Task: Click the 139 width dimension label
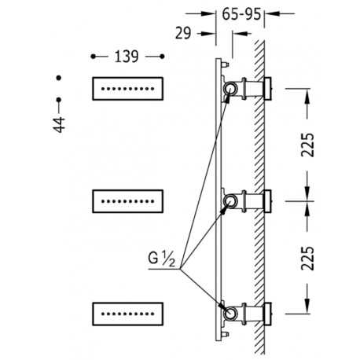pyautogui.click(x=127, y=57)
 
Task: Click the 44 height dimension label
pyautogui.click(x=59, y=125)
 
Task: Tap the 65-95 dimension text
pyautogui.click(x=241, y=14)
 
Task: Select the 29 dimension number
pyautogui.click(x=183, y=33)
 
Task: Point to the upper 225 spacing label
pyautogui.click(x=307, y=145)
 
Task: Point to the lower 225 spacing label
pyautogui.click(x=307, y=258)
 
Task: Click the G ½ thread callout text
pyautogui.click(x=161, y=259)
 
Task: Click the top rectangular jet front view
pyautogui.click(x=128, y=89)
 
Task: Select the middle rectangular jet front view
pyautogui.click(x=128, y=201)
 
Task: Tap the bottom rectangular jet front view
pyautogui.click(x=128, y=314)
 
